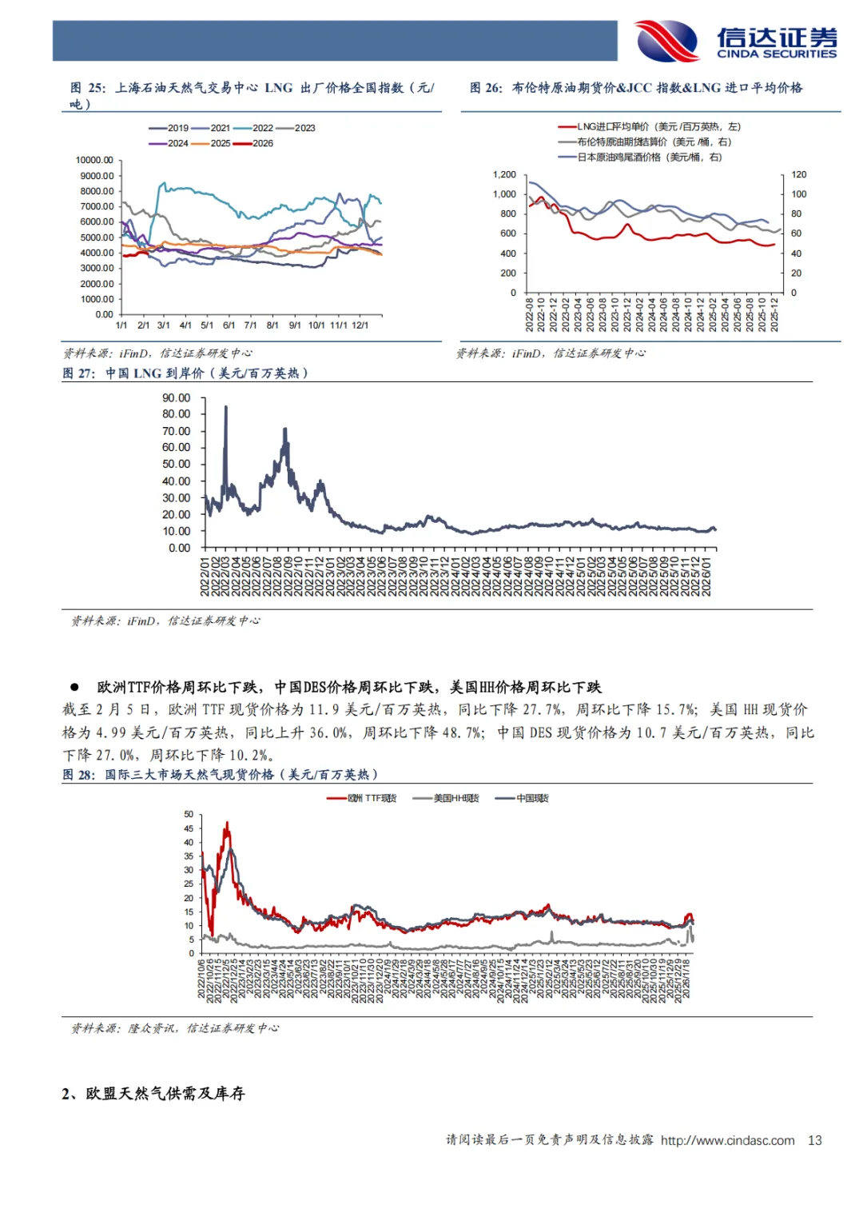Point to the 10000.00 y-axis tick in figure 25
[x=95, y=160]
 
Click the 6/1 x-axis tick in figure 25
[x=229, y=325]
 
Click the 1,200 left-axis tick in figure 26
[x=504, y=174]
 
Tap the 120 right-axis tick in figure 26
[x=799, y=174]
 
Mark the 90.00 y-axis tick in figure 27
[x=176, y=397]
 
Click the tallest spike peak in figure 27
[x=225, y=407]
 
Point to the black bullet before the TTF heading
[x=74, y=687]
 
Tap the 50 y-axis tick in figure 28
[x=189, y=814]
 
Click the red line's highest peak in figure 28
[x=227, y=822]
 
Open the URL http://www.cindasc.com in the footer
[x=727, y=1140]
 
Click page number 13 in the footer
[x=815, y=1140]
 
